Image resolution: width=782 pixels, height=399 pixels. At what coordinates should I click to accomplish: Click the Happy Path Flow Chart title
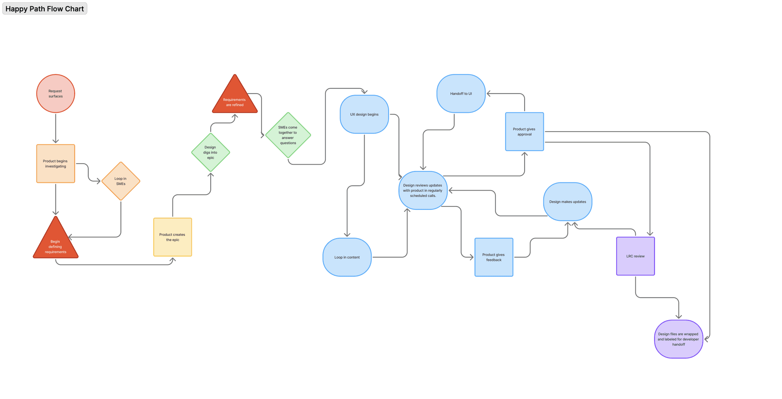[45, 9]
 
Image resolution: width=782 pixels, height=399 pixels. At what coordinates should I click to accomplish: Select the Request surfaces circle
[56, 94]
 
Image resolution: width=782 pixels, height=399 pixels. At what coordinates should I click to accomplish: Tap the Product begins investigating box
[56, 164]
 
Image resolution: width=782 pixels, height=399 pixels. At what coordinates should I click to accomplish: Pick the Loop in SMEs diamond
[121, 181]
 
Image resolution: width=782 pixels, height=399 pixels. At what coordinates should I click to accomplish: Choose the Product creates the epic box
[173, 237]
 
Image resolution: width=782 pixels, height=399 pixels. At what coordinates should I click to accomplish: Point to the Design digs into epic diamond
[211, 152]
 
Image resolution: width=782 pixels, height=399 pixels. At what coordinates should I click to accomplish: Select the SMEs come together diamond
[288, 135]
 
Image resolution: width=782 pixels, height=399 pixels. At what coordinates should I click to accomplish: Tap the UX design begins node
[364, 115]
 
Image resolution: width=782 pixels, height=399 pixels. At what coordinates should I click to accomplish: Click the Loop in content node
[347, 257]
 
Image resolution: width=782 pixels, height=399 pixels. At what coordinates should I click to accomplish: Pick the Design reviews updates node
[423, 190]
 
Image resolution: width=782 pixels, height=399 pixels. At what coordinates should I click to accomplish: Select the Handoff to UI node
[461, 94]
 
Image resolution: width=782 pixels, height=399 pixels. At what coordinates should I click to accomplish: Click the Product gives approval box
[524, 132]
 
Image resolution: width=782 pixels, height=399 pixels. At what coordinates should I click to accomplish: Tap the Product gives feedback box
[494, 257]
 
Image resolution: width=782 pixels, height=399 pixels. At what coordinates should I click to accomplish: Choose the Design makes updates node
[568, 202]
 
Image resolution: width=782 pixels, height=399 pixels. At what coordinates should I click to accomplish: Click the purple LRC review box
[635, 256]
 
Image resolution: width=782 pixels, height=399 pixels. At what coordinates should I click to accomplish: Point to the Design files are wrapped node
[678, 339]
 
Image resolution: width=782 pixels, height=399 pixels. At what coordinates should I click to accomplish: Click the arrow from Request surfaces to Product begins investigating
[56, 128]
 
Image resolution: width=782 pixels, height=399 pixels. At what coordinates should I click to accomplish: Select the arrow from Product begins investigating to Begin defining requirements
[56, 199]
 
